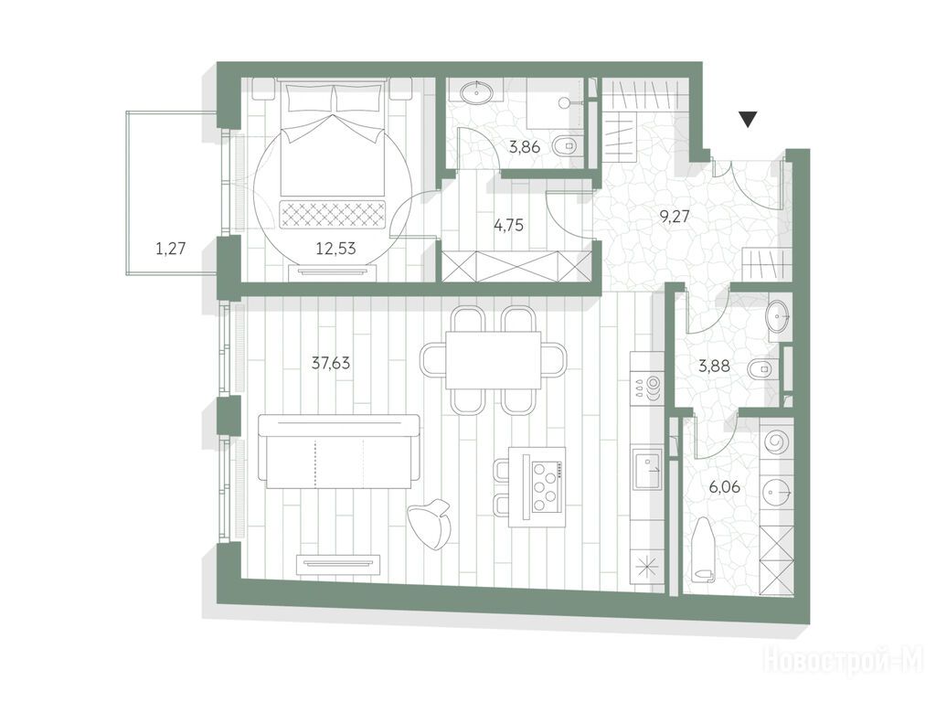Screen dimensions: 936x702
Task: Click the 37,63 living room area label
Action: point(331,363)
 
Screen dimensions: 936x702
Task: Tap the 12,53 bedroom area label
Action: point(335,248)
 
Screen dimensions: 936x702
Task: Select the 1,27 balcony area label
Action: point(171,248)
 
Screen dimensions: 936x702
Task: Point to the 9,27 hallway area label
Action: point(674,216)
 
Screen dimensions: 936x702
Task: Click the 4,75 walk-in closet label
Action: point(508,225)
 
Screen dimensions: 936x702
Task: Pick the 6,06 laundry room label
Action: point(725,487)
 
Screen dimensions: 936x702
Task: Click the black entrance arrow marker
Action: point(748,119)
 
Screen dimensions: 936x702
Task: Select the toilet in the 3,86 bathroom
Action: point(566,144)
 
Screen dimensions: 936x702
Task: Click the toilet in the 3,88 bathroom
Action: point(761,369)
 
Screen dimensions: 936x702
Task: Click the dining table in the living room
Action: point(493,360)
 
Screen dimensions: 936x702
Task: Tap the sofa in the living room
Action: point(339,451)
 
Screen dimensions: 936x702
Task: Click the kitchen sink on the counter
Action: point(648,472)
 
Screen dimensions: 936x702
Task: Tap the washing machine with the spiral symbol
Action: point(776,443)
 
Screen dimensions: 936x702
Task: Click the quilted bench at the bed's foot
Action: point(333,214)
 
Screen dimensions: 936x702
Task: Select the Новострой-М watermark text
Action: point(844,662)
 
